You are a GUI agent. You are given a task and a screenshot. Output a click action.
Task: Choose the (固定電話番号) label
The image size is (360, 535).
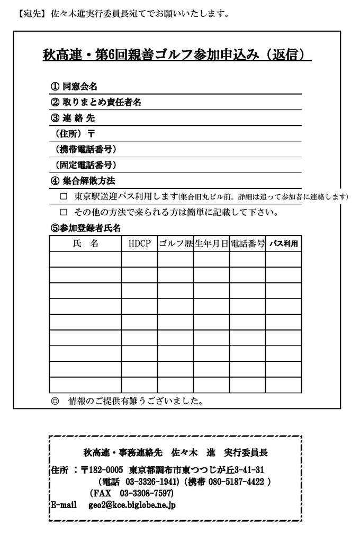coord(85,165)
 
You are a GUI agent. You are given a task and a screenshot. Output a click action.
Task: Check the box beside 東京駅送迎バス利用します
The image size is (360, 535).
coord(64,197)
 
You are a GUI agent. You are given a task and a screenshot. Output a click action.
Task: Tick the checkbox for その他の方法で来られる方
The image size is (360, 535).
coord(64,213)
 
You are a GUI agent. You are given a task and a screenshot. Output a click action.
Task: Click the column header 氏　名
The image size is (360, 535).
coord(85,244)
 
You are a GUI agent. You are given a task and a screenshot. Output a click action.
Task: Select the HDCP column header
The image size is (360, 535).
coord(139,244)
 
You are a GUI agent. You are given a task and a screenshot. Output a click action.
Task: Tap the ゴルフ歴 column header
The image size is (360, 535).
coord(175,244)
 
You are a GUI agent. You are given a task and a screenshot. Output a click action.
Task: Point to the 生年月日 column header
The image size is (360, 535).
coord(211,244)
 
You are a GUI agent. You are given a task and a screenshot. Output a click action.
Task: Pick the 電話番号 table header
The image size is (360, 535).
coord(247,244)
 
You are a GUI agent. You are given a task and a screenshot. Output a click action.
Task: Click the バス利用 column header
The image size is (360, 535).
coord(284,244)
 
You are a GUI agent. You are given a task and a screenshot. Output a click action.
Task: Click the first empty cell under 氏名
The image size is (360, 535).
coord(85,259)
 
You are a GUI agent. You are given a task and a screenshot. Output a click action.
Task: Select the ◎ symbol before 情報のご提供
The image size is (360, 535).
coord(55,401)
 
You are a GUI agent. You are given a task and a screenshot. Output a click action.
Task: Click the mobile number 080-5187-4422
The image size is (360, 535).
coord(236,482)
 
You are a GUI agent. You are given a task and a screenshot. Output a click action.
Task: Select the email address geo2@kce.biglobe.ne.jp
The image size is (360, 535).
coord(132,505)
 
